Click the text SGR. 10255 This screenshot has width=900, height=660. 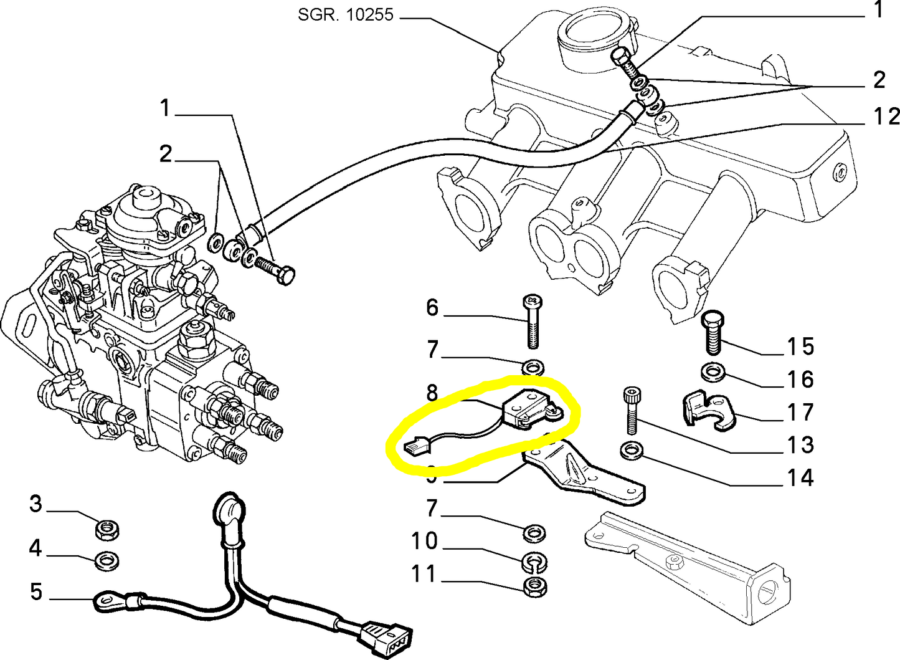click(346, 14)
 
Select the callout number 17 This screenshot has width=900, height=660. click(800, 412)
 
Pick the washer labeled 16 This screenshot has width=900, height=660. click(711, 373)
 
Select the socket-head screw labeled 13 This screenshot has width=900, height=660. click(630, 411)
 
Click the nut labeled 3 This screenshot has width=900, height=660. click(107, 530)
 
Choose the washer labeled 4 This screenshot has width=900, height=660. click(107, 561)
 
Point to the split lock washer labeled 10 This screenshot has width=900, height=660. click(533, 562)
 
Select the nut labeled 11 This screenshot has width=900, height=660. click(534, 586)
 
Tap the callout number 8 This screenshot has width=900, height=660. click(432, 393)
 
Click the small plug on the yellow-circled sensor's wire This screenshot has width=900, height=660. click(413, 446)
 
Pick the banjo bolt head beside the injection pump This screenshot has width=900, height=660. click(286, 275)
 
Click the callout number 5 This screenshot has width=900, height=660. click(36, 591)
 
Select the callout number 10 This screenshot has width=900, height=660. click(424, 540)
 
